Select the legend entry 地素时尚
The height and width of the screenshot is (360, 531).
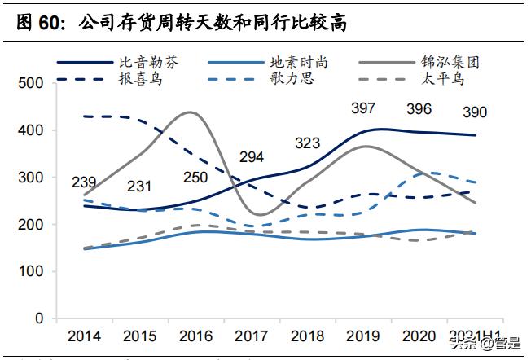coord(300,62)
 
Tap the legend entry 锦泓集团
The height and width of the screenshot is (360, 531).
coord(450,62)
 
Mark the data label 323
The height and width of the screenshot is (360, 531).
coord(308,143)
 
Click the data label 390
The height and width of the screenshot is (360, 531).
coord(478,112)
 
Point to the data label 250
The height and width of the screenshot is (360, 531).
coord(194,178)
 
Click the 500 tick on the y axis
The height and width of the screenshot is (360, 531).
coord(30,83)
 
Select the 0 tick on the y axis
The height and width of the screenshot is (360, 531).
coord(39,318)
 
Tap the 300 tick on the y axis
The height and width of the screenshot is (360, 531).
coord(30,178)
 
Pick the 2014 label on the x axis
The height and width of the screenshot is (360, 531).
coord(85,335)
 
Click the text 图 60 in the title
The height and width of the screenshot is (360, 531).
coord(38,22)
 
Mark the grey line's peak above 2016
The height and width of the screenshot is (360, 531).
coord(190,112)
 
